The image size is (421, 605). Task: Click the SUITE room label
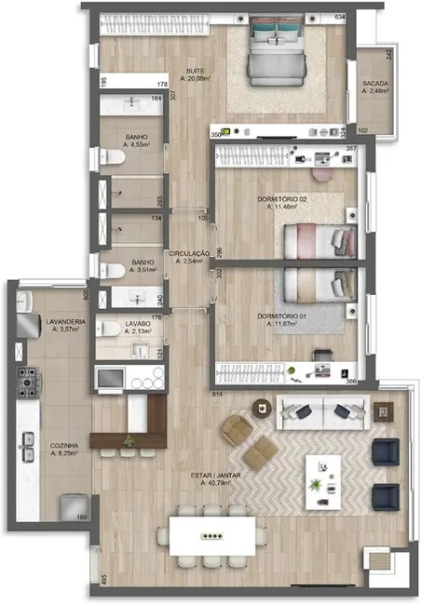point(195,70)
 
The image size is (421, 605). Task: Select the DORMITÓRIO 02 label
point(283,198)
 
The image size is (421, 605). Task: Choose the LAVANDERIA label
point(67,323)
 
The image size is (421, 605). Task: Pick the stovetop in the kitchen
point(27,380)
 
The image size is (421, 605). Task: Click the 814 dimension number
point(219,395)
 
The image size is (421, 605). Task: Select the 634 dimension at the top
point(339,18)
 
